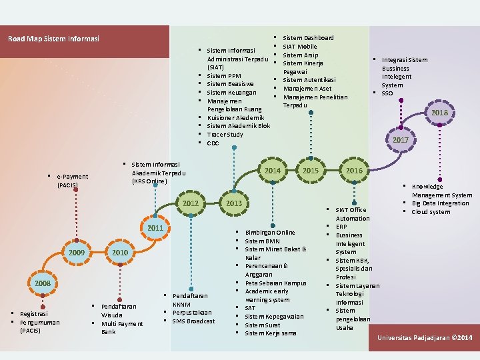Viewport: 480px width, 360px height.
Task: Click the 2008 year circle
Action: pyautogui.click(x=43, y=283)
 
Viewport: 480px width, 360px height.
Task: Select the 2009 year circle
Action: pyautogui.click(x=76, y=253)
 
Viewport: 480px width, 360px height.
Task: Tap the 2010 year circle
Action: pyautogui.click(x=120, y=253)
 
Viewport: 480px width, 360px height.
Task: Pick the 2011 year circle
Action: pyautogui.click(x=155, y=228)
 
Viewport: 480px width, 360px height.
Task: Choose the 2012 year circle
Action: pyautogui.click(x=191, y=203)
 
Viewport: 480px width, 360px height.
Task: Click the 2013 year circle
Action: pyautogui.click(x=234, y=203)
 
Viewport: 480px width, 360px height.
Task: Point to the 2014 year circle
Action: pyautogui.click(x=273, y=171)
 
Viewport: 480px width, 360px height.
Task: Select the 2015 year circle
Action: pyautogui.click(x=311, y=171)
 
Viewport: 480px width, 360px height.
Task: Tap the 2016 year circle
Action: pyautogui.click(x=354, y=171)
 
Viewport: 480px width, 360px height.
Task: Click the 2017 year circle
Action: pyautogui.click(x=401, y=140)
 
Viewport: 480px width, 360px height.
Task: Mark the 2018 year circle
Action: pyautogui.click(x=439, y=113)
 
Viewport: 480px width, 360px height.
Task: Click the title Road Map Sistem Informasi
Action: pyautogui.click(x=54, y=39)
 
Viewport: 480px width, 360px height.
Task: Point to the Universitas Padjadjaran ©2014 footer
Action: pyautogui.click(x=425, y=339)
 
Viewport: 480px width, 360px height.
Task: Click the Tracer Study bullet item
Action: pyautogui.click(x=225, y=135)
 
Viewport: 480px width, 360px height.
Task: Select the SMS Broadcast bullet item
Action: pyautogui.click(x=193, y=321)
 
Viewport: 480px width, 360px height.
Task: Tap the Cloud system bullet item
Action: pyautogui.click(x=430, y=212)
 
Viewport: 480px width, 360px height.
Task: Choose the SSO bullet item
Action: pyautogui.click(x=387, y=93)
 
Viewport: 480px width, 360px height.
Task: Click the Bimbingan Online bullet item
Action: pyautogui.click(x=269, y=233)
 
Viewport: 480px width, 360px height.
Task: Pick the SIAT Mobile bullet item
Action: pyautogui.click(x=300, y=47)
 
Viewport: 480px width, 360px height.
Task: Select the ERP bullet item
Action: pyautogui.click(x=342, y=227)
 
